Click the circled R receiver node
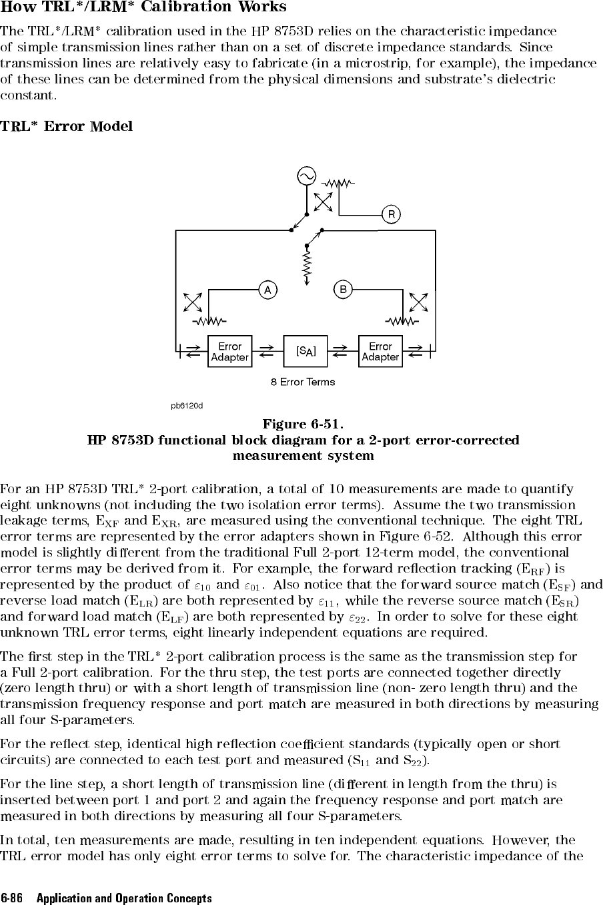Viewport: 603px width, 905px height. point(391,214)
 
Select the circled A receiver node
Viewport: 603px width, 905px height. point(267,290)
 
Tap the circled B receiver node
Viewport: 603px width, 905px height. point(343,290)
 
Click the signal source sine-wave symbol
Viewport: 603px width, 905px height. point(306,176)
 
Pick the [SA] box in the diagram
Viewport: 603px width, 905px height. point(306,351)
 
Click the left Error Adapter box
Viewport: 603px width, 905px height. point(230,351)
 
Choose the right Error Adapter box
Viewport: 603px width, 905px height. point(380,351)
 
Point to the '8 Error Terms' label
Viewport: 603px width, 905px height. point(303,382)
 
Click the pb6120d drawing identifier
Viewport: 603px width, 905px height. point(187,406)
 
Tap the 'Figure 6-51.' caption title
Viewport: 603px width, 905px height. point(304,424)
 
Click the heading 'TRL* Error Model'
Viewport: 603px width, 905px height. point(66,126)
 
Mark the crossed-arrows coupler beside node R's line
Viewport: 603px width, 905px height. point(323,202)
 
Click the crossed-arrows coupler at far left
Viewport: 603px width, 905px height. point(193,302)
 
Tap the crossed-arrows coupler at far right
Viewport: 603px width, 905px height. point(418,302)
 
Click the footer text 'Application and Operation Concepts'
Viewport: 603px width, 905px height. point(124,898)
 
